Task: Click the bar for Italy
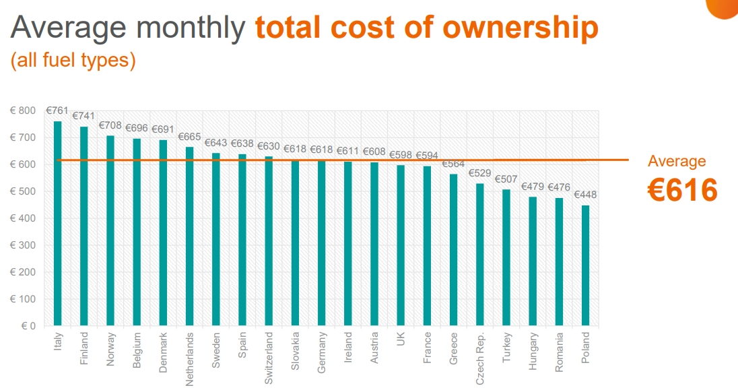[x=57, y=222]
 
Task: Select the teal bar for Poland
[x=585, y=265]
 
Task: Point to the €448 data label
[x=585, y=195]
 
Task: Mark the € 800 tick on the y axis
[x=24, y=110]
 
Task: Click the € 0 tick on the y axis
[x=28, y=326]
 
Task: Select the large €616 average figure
[x=682, y=191]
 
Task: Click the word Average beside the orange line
[x=677, y=161]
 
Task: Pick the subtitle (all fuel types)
[x=73, y=61]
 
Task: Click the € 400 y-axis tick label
[x=24, y=218]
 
